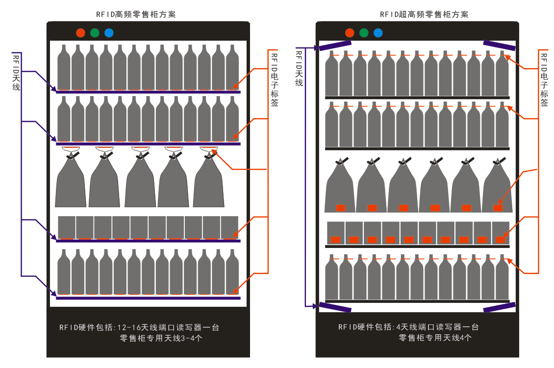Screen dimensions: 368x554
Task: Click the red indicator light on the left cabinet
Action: point(80,33)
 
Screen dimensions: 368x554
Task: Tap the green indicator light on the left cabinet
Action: point(95,33)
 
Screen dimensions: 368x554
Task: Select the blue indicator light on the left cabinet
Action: point(109,33)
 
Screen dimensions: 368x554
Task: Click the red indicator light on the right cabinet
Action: point(350,33)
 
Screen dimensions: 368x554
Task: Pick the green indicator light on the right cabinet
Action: point(364,33)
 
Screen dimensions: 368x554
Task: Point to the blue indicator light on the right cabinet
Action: point(378,33)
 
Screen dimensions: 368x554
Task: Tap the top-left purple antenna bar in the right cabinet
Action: point(335,45)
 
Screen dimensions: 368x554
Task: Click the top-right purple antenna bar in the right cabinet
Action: point(499,45)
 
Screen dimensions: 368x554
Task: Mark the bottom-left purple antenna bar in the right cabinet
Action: point(335,307)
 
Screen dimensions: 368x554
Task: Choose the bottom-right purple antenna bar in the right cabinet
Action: point(499,307)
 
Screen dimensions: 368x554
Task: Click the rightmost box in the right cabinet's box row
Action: point(501,233)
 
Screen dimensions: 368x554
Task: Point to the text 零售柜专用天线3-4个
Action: point(161,338)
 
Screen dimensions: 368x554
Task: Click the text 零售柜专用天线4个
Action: point(435,338)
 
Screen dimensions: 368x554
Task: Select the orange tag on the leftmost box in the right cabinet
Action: point(335,240)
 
